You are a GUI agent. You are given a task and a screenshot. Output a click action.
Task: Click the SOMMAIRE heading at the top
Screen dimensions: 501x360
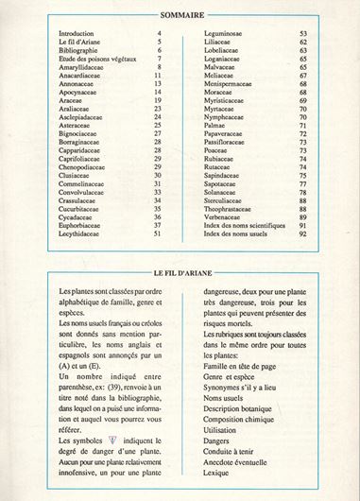pos(180,12)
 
